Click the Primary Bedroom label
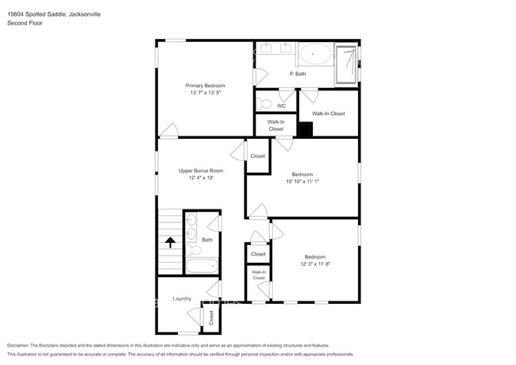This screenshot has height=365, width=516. (206, 86)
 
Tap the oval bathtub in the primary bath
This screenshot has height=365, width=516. (316, 56)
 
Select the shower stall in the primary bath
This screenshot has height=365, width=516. (345, 63)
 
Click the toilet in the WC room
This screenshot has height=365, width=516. (265, 103)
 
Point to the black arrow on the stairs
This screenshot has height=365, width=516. (169, 241)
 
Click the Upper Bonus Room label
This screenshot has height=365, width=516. (200, 171)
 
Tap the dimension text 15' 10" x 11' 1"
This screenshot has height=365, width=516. (302, 181)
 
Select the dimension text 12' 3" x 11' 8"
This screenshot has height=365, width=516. (314, 263)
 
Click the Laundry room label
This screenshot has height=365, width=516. (182, 299)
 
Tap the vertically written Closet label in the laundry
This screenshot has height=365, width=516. (211, 317)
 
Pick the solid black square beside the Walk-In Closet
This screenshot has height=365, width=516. (306, 129)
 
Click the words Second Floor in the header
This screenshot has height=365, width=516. (25, 23)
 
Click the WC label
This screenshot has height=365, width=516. (281, 106)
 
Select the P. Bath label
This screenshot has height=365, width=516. (298, 74)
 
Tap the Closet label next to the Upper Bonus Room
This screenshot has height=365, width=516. (258, 156)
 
